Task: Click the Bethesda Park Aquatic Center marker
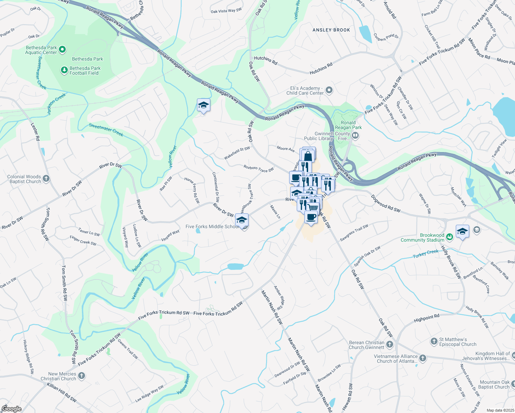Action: tap(62, 50)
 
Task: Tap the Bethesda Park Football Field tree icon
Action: tap(64, 71)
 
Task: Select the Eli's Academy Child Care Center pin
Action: tap(329, 91)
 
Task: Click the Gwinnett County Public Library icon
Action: tap(356, 136)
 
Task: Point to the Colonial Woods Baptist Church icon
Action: tap(46, 179)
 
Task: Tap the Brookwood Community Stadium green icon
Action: tap(449, 237)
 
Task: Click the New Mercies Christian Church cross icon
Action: tap(82, 376)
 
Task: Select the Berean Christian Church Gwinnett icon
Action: tap(390, 345)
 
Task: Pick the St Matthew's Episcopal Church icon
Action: tap(434, 341)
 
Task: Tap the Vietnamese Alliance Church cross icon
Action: tap(423, 358)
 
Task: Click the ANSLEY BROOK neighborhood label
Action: tap(331, 30)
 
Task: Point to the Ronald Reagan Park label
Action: tap(348, 125)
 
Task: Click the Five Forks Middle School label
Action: tap(212, 226)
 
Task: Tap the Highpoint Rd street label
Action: tap(427, 318)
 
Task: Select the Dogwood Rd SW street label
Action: tap(386, 203)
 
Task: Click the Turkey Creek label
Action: tap(425, 254)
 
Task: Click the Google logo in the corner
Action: tap(11, 409)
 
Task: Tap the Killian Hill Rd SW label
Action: tap(62, 392)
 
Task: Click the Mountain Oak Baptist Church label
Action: tap(494, 384)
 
